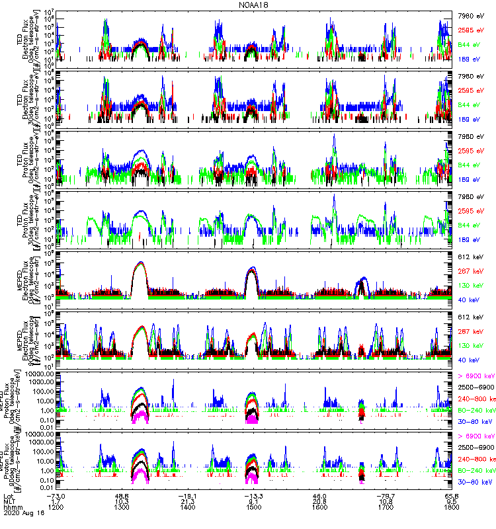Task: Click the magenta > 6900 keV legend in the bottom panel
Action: point(475,436)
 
